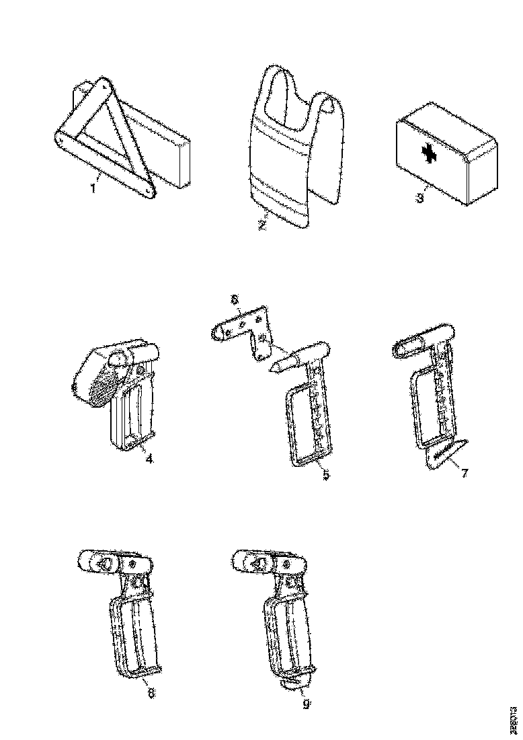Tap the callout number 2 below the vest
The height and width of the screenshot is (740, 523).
[x=263, y=224]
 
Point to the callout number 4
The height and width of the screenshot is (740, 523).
[x=149, y=460]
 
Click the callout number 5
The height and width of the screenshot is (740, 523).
[x=326, y=476]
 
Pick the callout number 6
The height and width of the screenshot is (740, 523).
[x=235, y=299]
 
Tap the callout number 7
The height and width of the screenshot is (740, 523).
[x=464, y=472]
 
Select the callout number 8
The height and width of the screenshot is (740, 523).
[x=151, y=694]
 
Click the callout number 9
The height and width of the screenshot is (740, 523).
[x=306, y=704]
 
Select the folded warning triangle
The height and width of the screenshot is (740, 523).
[x=101, y=135]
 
